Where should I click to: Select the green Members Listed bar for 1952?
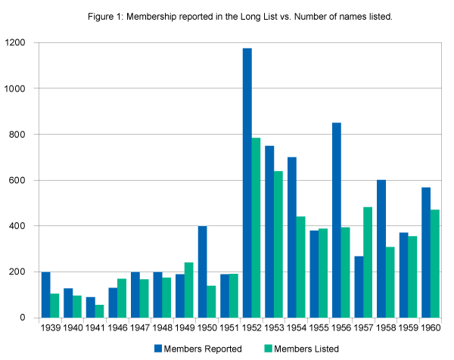click(x=256, y=228)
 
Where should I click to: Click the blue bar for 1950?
click(x=203, y=272)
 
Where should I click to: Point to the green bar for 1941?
click(x=99, y=311)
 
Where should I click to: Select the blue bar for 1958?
click(x=381, y=249)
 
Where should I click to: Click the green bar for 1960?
click(x=434, y=264)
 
